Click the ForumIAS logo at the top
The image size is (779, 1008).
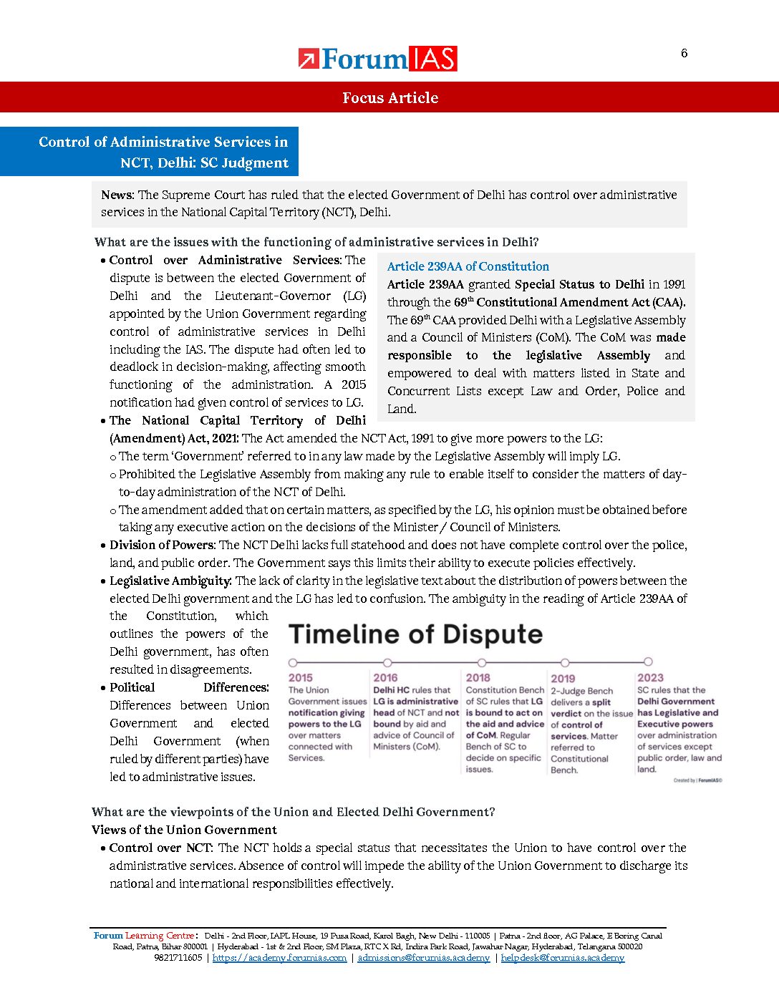point(377,59)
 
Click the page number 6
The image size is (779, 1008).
point(684,53)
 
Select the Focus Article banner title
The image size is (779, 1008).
point(389,98)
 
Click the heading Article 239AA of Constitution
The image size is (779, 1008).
point(468,266)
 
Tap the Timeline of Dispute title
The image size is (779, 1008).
point(415,634)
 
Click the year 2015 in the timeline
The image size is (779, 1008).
point(301,677)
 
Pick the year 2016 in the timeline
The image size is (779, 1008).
point(385,677)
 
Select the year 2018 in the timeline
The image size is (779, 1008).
point(478,677)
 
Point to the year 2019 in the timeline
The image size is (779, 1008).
point(563,678)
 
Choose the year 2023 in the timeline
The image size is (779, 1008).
point(650,677)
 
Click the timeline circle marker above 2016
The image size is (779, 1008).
point(387,662)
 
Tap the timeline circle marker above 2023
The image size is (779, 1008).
point(648,661)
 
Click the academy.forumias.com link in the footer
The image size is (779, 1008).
point(279,958)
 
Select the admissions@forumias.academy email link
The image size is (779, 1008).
point(423,958)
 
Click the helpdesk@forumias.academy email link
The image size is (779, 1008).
point(562,958)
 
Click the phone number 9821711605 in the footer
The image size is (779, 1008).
point(178,958)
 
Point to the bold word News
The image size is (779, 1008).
point(117,195)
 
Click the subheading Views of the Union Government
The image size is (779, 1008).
point(184,830)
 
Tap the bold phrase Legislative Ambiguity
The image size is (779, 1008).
point(170,581)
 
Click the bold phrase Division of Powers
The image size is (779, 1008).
point(161,545)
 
